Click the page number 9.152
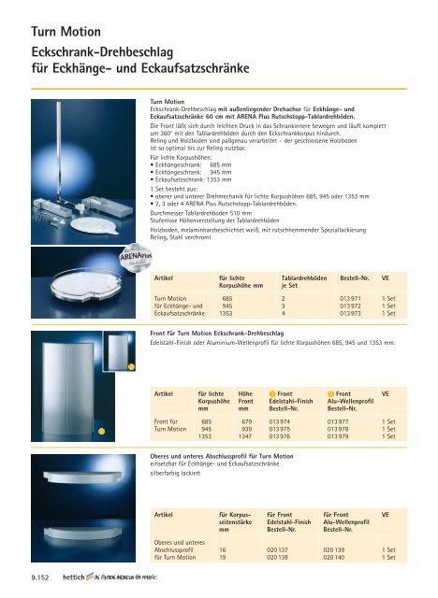click(38, 579)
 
